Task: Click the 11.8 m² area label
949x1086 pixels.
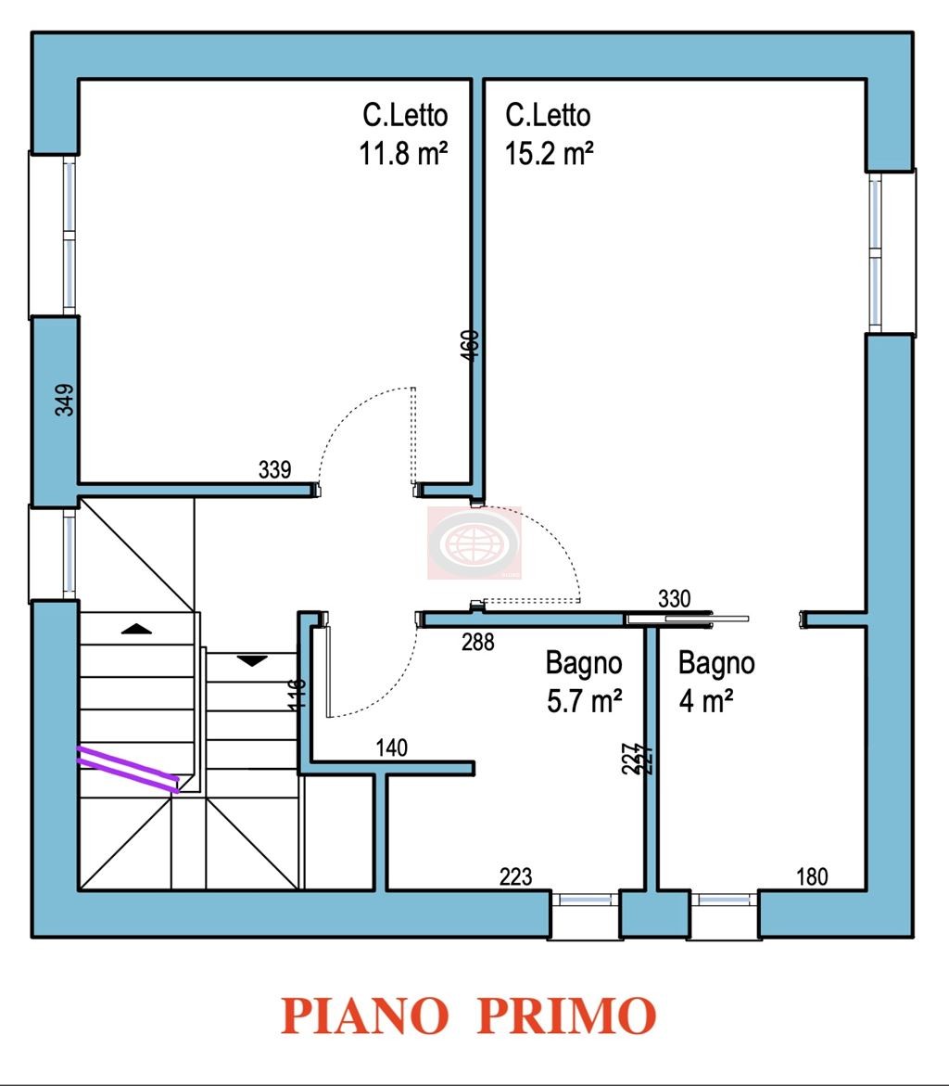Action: (403, 152)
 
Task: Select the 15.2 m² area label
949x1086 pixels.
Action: (549, 152)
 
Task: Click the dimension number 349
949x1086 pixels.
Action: (64, 400)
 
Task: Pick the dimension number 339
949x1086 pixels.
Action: (274, 470)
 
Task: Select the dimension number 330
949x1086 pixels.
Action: (674, 599)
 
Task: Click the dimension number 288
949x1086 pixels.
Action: (478, 641)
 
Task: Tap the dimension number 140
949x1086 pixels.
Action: (392, 747)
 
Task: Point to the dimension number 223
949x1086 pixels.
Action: (516, 875)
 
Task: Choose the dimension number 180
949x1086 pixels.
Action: (812, 875)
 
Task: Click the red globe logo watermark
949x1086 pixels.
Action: (474, 543)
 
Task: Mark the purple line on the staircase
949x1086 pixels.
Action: (128, 768)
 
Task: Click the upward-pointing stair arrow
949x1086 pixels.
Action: (137, 629)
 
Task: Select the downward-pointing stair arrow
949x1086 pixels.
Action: (252, 660)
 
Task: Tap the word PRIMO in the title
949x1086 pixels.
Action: (567, 1016)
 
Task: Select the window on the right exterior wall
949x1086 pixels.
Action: (876, 253)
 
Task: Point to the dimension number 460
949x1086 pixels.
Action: (470, 344)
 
